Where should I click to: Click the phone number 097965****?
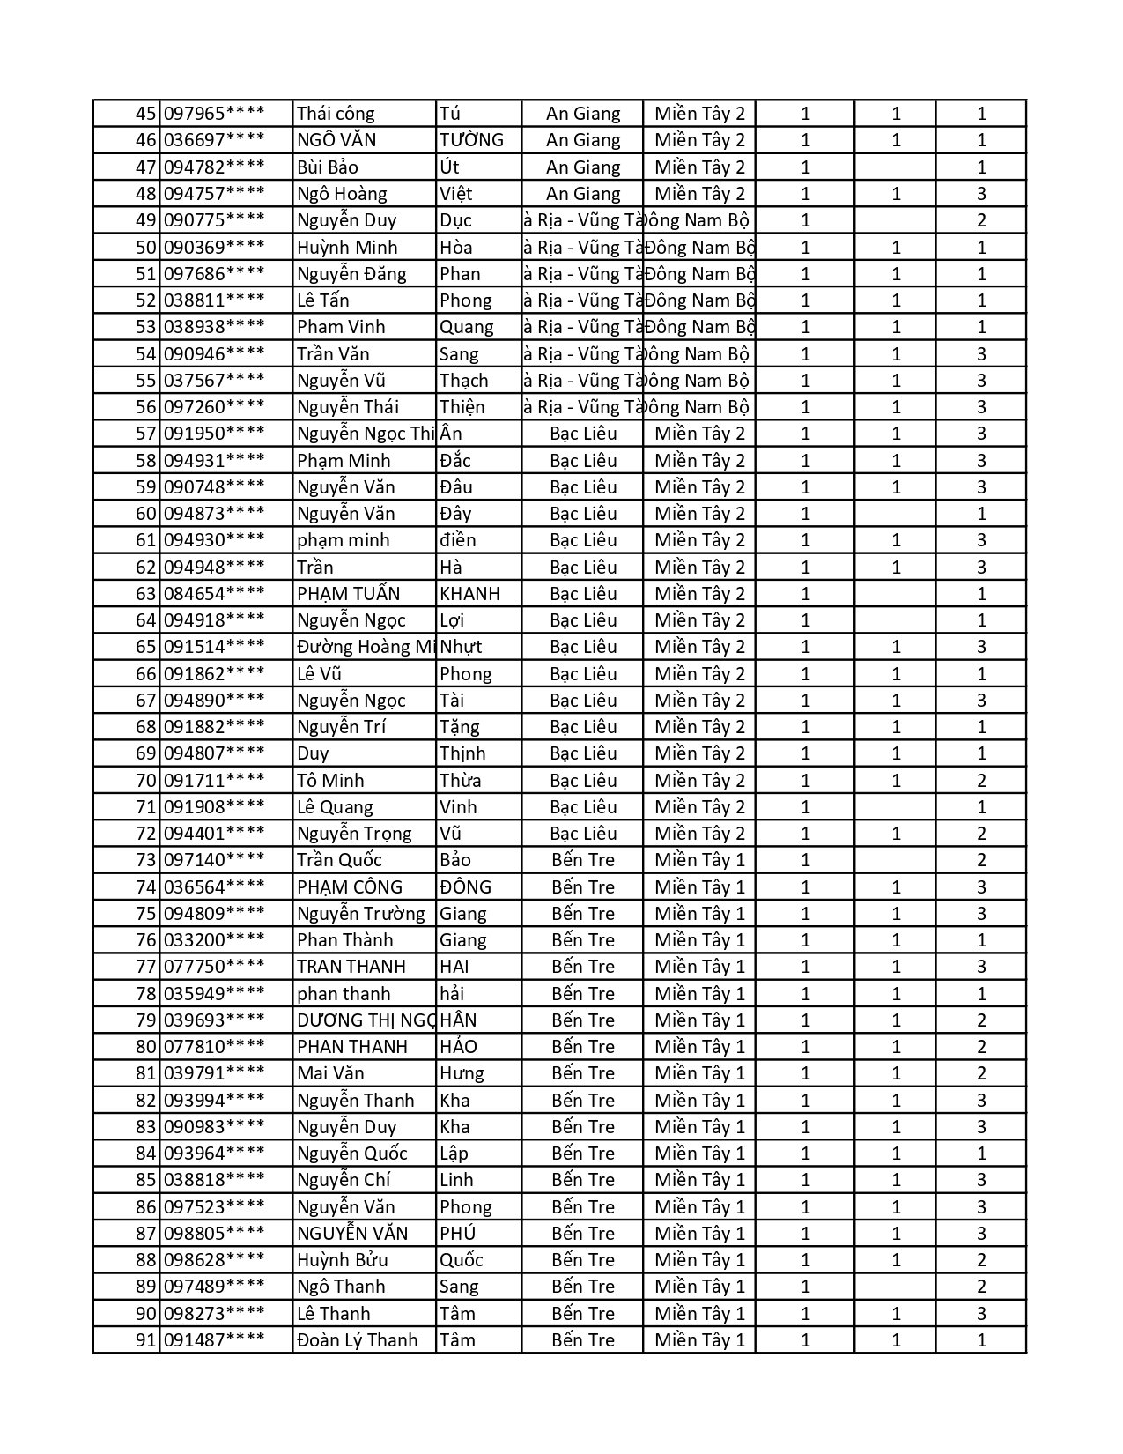pos(214,114)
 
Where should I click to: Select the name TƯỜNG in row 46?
pos(471,140)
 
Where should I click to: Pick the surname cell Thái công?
pos(336,114)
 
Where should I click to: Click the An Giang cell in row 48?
pos(582,194)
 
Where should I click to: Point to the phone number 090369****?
pos(214,248)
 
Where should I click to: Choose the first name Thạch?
pos(463,381)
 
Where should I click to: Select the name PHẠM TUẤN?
pos(348,594)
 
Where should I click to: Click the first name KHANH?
pos(469,594)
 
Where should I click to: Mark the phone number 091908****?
pos(214,807)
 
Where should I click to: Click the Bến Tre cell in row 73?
pos(582,860)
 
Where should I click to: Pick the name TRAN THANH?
pos(351,967)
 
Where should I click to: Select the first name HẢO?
pos(458,1047)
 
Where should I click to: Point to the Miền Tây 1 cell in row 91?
pos(699,1340)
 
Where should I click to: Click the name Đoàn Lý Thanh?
pos(357,1340)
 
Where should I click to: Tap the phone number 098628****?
pos(214,1260)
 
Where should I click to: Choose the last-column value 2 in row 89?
pos(981,1287)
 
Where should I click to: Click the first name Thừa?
pos(460,781)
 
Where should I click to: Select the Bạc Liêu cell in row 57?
pos(582,434)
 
